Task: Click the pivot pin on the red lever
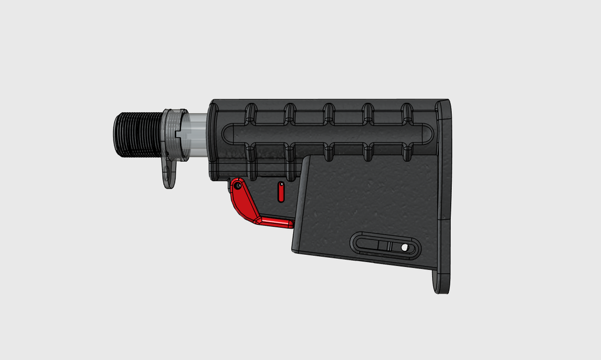[x=238, y=186]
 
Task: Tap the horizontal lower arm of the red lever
[x=276, y=222]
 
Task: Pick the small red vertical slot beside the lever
[x=281, y=191]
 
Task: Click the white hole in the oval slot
[x=404, y=248]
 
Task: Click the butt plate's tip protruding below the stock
[x=441, y=282]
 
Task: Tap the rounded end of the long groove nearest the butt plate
[x=431, y=134]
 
